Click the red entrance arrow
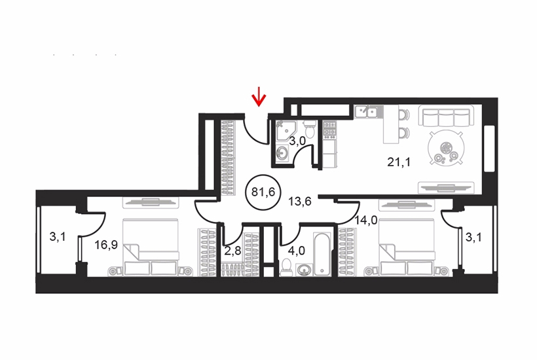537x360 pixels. [259, 96]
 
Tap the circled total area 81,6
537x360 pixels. [263, 192]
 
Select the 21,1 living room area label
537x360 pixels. [399, 162]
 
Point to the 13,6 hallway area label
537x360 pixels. [300, 202]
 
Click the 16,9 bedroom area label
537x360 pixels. [106, 245]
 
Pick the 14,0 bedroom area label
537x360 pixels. [366, 221]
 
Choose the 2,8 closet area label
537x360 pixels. [233, 251]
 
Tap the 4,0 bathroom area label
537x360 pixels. [296, 251]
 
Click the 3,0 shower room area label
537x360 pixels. [297, 141]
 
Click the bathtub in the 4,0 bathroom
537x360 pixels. [322, 253]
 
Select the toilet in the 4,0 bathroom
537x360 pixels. [286, 267]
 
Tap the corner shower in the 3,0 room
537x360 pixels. [285, 130]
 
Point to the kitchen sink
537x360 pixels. [366, 111]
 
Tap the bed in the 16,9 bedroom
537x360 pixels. [151, 247]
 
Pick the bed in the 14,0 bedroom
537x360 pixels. [407, 247]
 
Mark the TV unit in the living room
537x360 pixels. [446, 187]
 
